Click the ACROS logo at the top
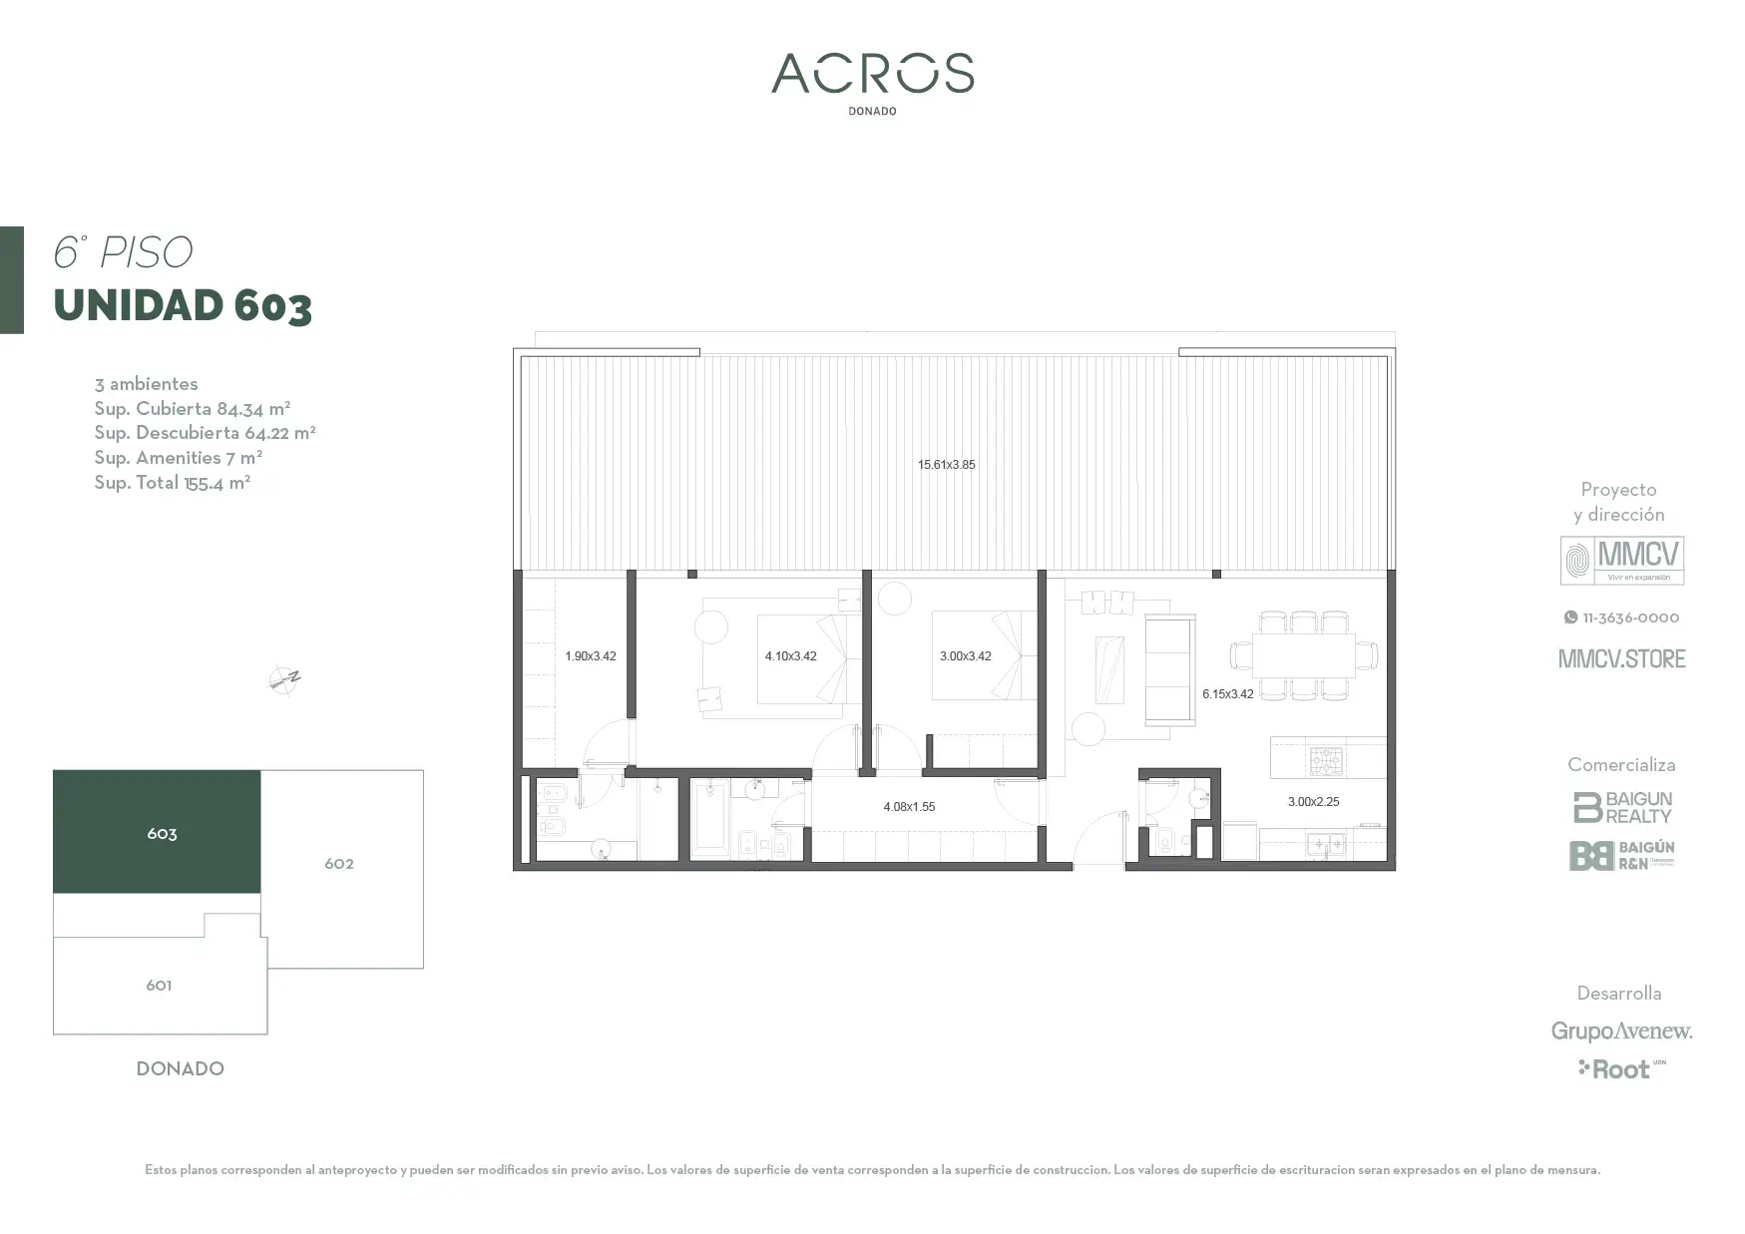[872, 74]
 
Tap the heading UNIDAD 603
[183, 306]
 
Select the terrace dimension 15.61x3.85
[947, 465]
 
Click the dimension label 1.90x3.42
[591, 656]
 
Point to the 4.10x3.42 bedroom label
[791, 656]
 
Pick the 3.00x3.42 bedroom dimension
[966, 656]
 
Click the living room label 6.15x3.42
[1228, 694]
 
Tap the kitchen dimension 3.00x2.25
[1314, 802]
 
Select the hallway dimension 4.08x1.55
[909, 807]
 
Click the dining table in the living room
[1304, 656]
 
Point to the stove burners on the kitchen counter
[1327, 761]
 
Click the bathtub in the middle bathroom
[711, 820]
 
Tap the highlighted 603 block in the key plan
[157, 832]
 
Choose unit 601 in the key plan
[160, 986]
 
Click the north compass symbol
[284, 680]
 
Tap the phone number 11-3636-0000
[1622, 617]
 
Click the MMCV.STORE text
[1622, 658]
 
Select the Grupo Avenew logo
[1621, 1031]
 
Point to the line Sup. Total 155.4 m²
[173, 483]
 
